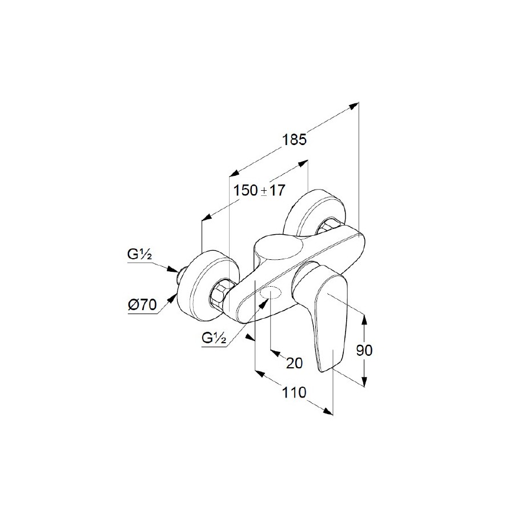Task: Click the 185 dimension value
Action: point(294,139)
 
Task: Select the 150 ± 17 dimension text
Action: point(259,190)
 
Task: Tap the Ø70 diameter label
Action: point(142,305)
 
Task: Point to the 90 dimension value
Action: point(364,351)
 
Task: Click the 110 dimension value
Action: point(294,392)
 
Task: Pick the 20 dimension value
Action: point(294,363)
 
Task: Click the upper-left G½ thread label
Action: point(140,255)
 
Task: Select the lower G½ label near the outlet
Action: point(214,338)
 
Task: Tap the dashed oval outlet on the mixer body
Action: point(270,293)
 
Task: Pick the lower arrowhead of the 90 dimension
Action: point(364,382)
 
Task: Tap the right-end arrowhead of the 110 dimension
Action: point(328,411)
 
